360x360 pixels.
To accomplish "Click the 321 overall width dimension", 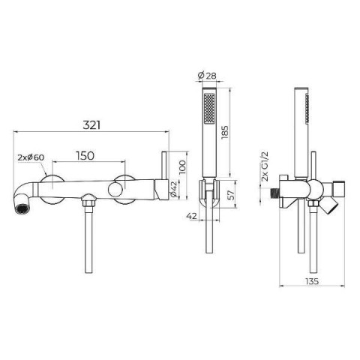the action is [91, 125].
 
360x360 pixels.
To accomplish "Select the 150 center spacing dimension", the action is [85, 156].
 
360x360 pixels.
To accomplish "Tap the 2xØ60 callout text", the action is [31, 157].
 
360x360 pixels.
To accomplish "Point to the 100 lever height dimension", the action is [182, 167].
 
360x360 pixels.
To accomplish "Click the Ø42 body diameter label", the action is [173, 189].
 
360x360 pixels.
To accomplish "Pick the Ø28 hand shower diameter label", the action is [207, 75].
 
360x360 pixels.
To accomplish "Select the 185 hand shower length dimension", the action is [224, 133].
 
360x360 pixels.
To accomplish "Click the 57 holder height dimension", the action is [231, 195].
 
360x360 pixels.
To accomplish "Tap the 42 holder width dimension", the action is [192, 216].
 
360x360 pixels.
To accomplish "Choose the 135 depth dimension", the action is [312, 281].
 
